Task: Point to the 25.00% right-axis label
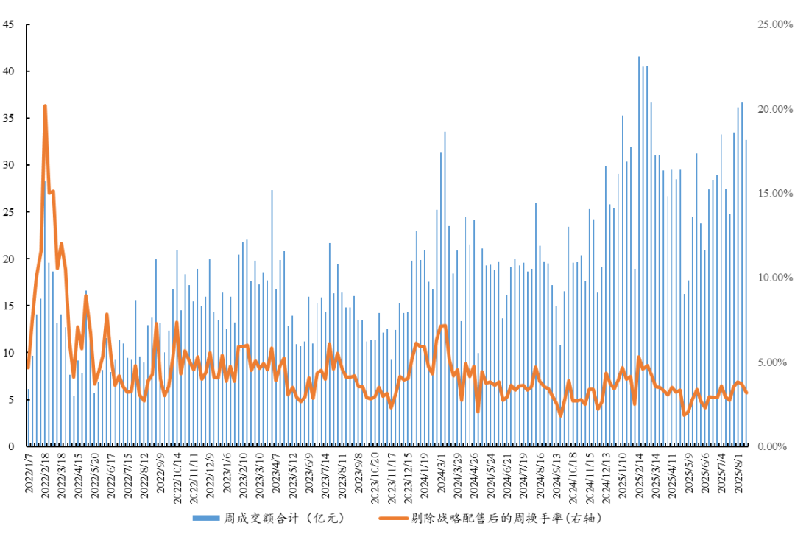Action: tap(774, 24)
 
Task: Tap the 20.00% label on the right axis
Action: tap(774, 109)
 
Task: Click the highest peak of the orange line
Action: tap(45, 106)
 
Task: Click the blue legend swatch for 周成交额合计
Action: tap(206, 519)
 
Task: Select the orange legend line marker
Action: tap(394, 519)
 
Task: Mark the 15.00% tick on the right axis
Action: tap(774, 193)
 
